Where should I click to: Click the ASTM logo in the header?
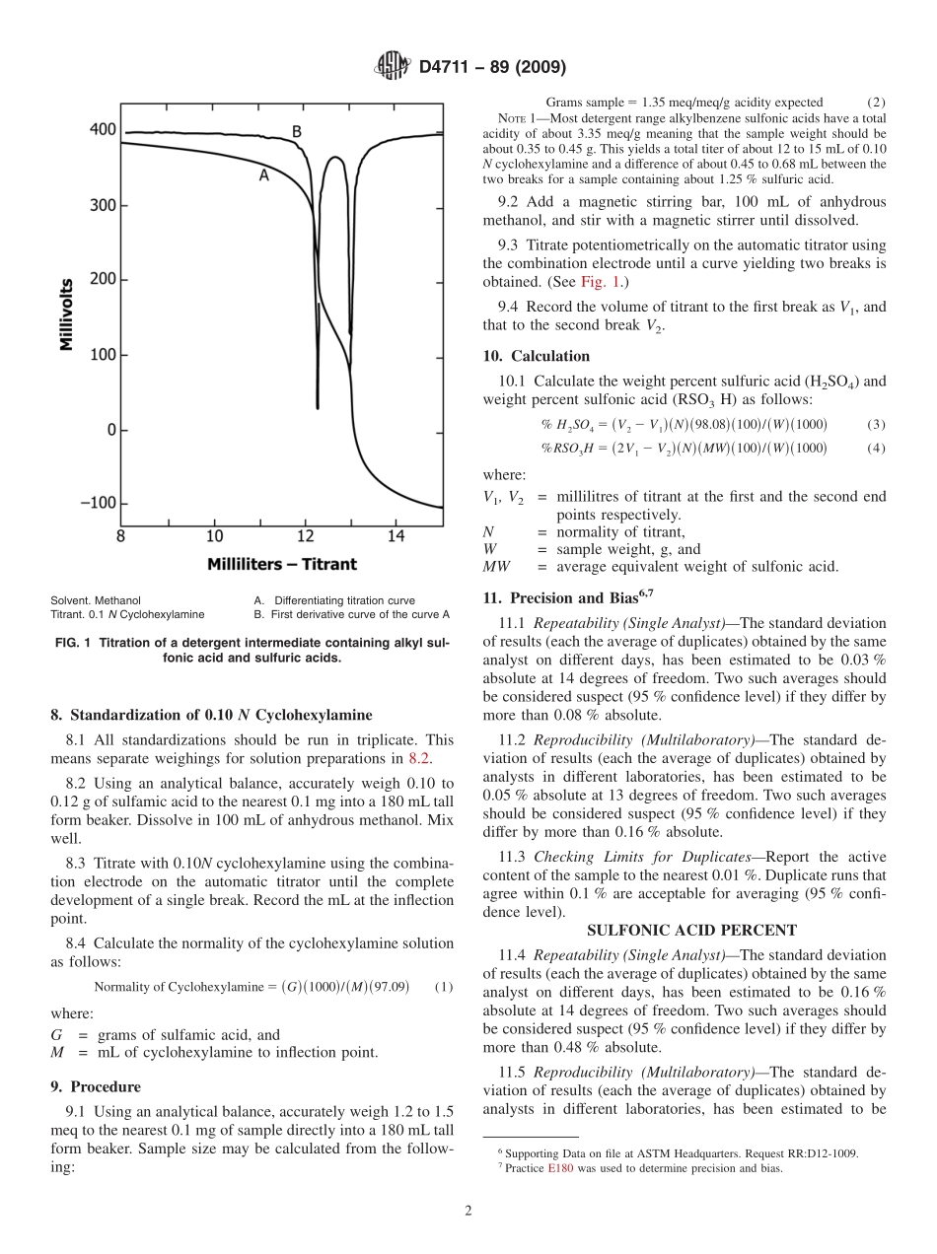coord(392,67)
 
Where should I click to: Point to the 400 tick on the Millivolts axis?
coord(103,130)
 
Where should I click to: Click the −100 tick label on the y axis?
coord(97,504)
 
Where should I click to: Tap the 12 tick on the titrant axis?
coord(306,536)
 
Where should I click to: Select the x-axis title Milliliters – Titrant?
coord(282,565)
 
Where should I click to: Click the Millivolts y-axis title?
coord(67,316)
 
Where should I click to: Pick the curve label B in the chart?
coord(296,131)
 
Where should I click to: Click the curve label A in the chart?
coord(263,175)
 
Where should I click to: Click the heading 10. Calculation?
coord(536,356)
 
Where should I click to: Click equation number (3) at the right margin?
coord(876,425)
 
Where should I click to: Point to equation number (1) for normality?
coord(443,987)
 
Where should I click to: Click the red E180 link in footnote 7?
coord(560,1168)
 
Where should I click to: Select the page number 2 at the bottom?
coord(468,1211)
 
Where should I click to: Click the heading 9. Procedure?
coord(95,1086)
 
